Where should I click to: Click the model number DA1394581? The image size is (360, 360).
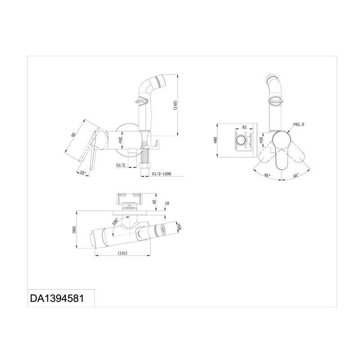(x=57, y=298)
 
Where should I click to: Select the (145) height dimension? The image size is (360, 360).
(x=175, y=106)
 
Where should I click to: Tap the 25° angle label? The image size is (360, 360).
(x=83, y=172)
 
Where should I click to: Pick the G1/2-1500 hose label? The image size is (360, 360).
(x=162, y=174)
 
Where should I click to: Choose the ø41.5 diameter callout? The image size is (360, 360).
(x=298, y=124)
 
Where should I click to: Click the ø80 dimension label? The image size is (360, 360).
(x=216, y=140)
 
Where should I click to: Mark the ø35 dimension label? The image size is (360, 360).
(x=261, y=140)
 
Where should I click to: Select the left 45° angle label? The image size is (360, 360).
(x=267, y=175)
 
